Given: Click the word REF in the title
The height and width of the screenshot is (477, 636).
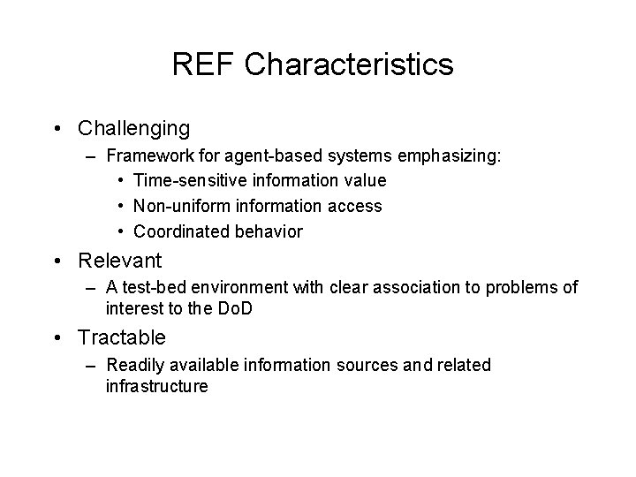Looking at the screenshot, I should pyautogui.click(x=204, y=64).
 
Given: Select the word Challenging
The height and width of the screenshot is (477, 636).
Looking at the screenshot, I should pyautogui.click(x=133, y=129).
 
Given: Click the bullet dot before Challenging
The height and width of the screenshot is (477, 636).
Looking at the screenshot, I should pyautogui.click(x=57, y=129).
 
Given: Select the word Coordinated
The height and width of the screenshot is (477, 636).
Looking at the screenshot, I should pyautogui.click(x=180, y=232).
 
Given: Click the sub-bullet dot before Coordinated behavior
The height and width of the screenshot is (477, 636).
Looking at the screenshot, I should pyautogui.click(x=119, y=232).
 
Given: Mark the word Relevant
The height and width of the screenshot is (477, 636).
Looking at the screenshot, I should pyautogui.click(x=120, y=261).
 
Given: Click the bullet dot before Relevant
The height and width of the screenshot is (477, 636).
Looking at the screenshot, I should pyautogui.click(x=57, y=261).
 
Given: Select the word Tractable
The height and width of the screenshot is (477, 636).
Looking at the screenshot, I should pyautogui.click(x=122, y=338).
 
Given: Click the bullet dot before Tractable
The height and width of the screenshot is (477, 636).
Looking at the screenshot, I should pyautogui.click(x=57, y=338).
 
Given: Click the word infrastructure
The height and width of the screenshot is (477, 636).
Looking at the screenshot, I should pyautogui.click(x=156, y=385).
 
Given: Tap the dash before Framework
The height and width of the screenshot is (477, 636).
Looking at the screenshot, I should pyautogui.click(x=93, y=156).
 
